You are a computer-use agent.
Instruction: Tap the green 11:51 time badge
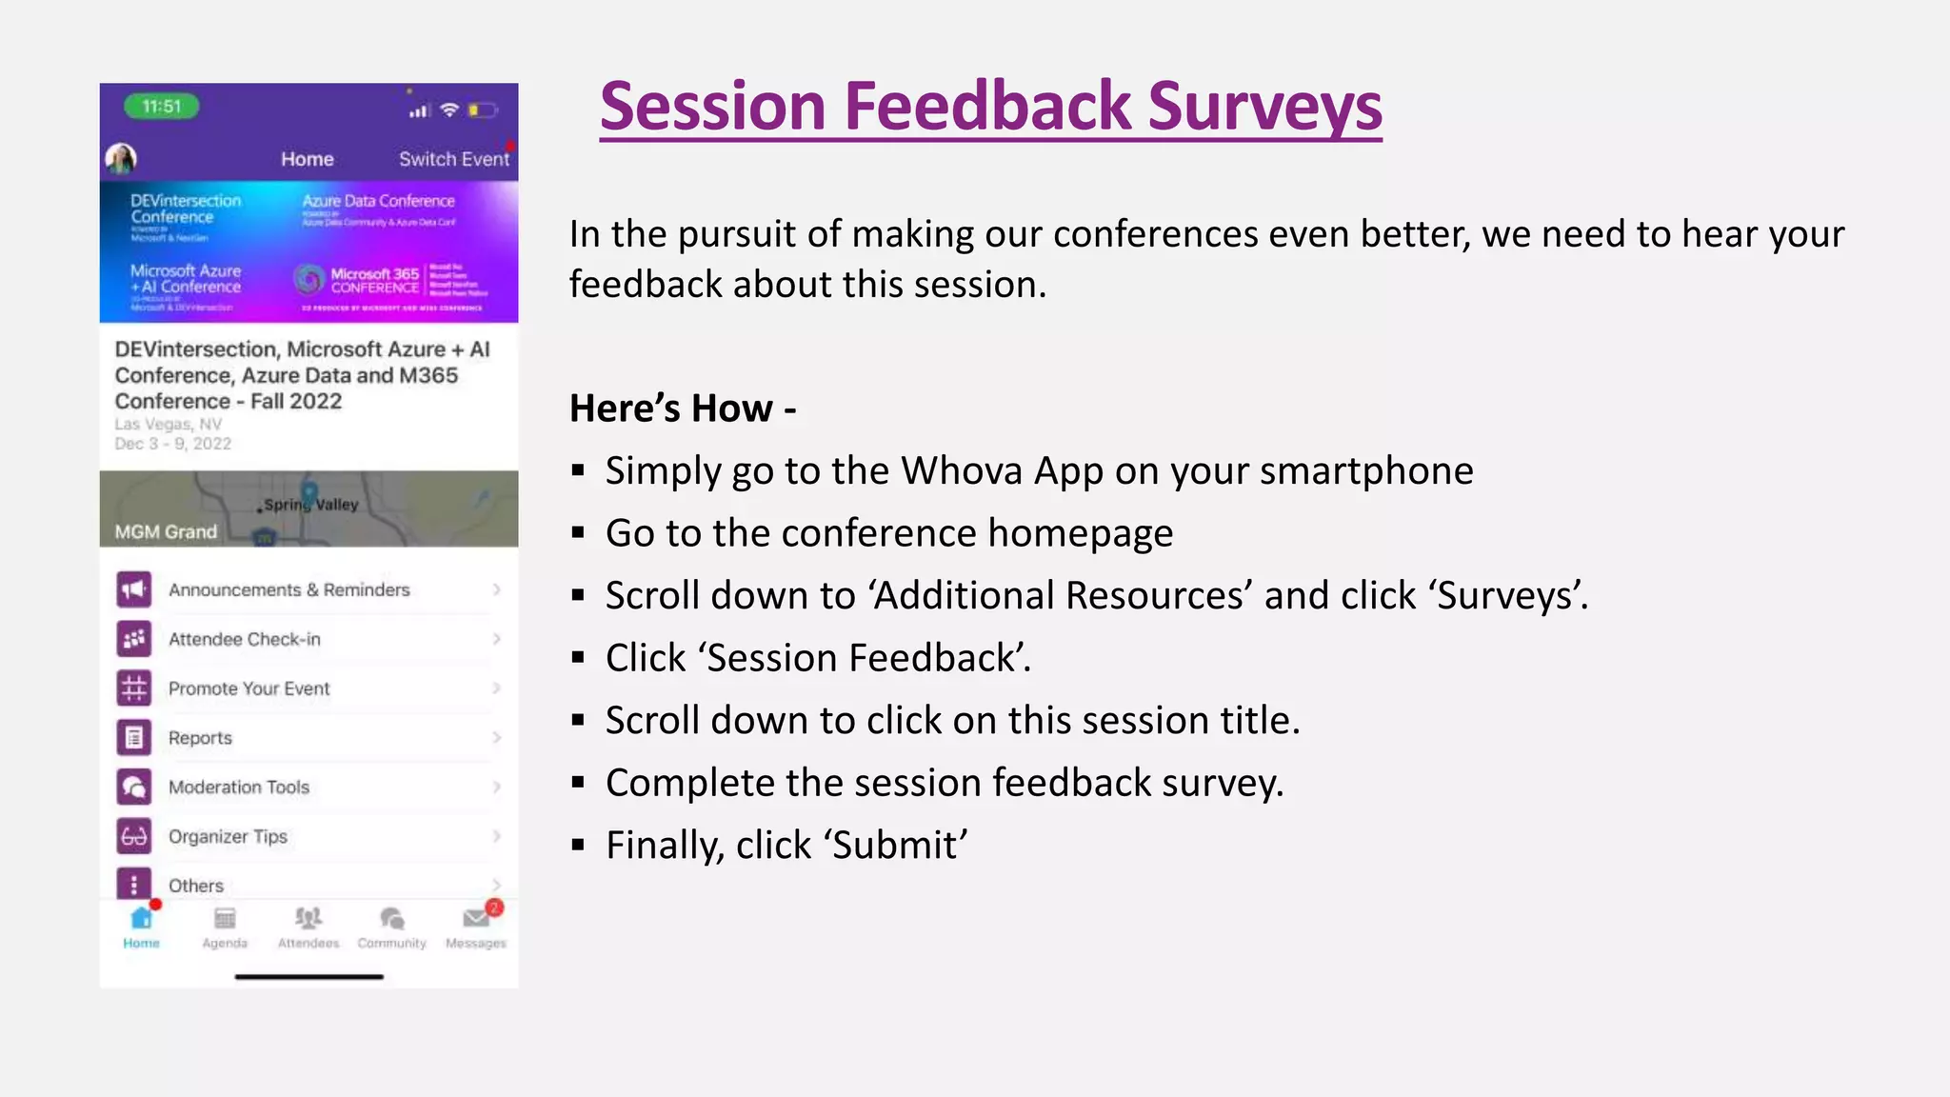point(162,107)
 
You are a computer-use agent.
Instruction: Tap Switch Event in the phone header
point(454,159)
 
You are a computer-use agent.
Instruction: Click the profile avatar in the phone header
point(121,158)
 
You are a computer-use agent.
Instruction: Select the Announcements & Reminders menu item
point(289,589)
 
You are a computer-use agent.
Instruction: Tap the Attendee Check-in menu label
point(244,639)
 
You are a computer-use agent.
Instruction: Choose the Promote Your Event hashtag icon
point(134,688)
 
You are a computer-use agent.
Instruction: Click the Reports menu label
point(200,738)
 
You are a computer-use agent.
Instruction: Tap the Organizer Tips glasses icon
point(134,836)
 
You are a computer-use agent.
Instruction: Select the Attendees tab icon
point(308,918)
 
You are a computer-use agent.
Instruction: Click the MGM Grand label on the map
point(166,531)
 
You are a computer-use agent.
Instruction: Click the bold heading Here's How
point(682,409)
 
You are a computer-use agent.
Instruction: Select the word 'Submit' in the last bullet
point(895,846)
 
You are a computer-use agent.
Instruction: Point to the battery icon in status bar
point(482,110)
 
